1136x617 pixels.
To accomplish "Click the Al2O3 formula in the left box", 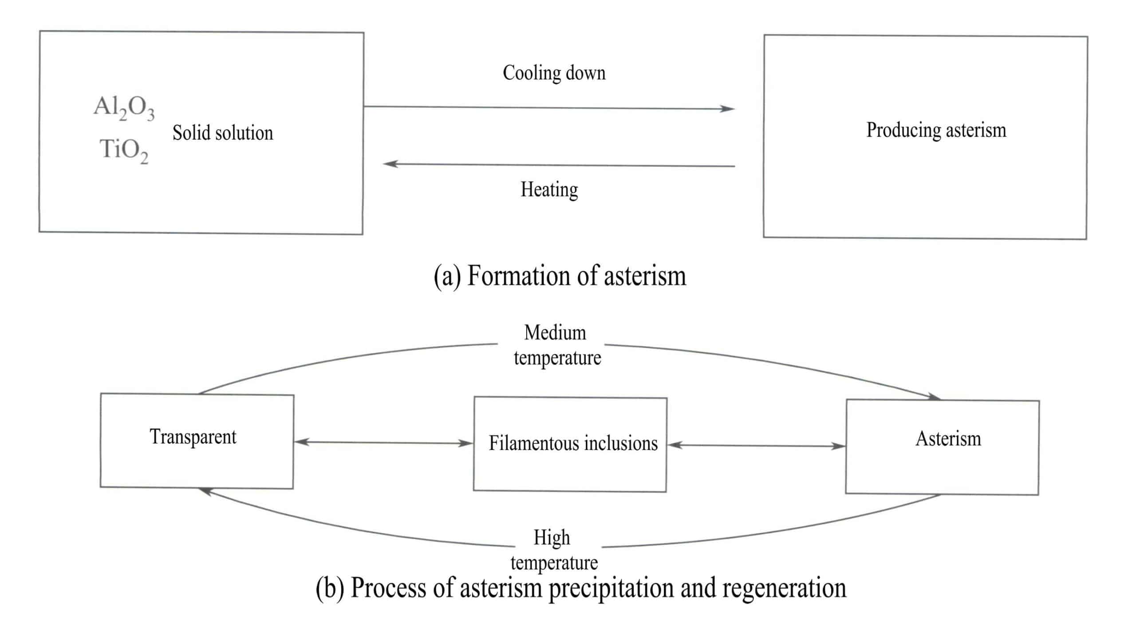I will [x=124, y=108].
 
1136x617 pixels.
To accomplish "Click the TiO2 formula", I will [x=123, y=150].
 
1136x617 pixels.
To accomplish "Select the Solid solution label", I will [x=223, y=133].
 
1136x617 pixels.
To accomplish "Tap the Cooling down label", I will [x=554, y=73].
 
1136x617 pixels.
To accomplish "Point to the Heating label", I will [x=549, y=190].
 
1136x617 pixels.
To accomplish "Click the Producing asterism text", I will [x=936, y=131].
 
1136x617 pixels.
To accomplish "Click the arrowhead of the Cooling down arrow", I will [x=728, y=108].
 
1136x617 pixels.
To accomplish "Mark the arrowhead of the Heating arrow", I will [x=390, y=164].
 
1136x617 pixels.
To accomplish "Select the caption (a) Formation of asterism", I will [x=560, y=276].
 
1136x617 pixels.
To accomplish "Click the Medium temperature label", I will [x=557, y=345].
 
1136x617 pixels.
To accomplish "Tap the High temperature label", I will [x=554, y=550].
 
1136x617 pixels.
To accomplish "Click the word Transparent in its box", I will [x=193, y=437].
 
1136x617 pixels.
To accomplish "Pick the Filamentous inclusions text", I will [x=573, y=443].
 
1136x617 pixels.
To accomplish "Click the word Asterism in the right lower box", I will [x=948, y=439].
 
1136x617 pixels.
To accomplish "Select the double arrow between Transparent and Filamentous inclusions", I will [x=383, y=443].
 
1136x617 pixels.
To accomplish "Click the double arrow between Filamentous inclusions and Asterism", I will [x=756, y=445].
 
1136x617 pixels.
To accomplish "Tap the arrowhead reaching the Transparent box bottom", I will [x=205, y=490].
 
